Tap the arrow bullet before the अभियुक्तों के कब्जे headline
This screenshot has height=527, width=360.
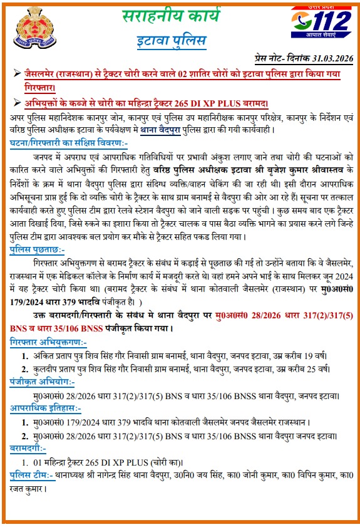pos(16,102)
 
